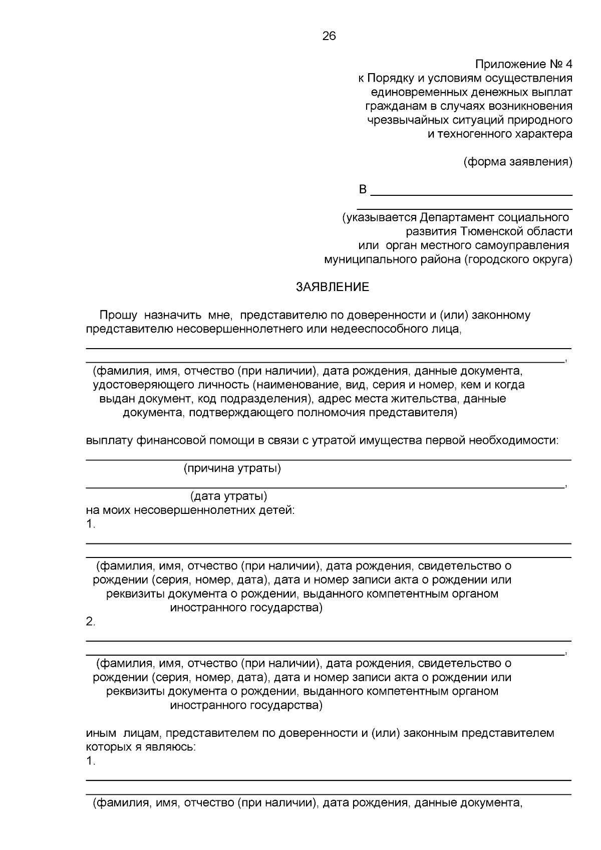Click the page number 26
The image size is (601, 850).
coord(329,36)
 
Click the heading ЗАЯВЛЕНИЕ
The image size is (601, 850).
coord(333,287)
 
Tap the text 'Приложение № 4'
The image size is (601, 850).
coord(523,65)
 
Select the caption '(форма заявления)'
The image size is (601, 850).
coord(517,162)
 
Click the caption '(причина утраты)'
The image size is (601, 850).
coord(232,469)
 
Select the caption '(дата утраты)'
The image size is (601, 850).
coord(228,496)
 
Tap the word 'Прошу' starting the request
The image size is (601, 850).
coord(118,315)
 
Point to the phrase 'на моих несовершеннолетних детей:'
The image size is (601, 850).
coord(190,510)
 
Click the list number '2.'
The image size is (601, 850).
coord(91,622)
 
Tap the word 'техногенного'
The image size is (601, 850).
coord(472,134)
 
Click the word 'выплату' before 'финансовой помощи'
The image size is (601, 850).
coord(107,440)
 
